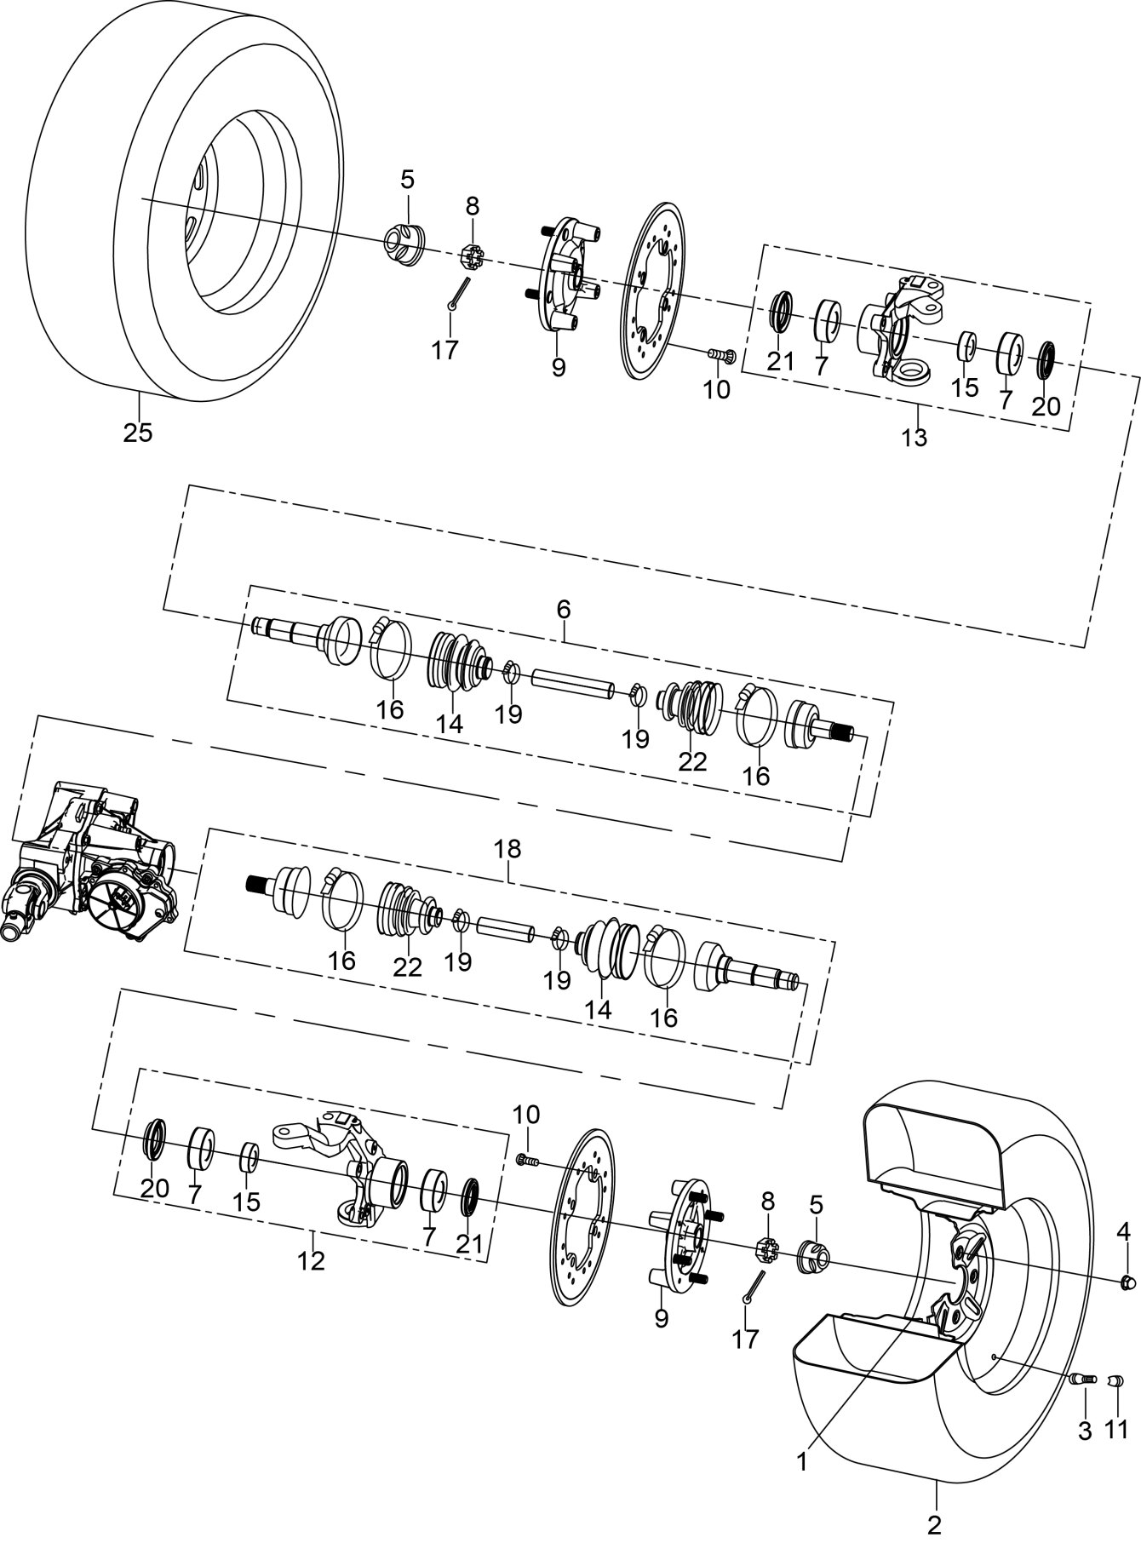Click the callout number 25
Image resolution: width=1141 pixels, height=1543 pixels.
138,432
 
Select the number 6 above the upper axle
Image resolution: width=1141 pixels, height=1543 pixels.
564,610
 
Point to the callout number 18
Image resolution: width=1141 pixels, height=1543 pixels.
507,849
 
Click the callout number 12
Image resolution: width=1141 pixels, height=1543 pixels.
312,1260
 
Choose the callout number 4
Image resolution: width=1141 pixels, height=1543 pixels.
1124,1230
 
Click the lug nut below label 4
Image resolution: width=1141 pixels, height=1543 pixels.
1127,1281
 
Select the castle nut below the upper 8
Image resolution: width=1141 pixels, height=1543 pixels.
472,255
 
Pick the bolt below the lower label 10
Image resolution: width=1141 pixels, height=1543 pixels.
528,1159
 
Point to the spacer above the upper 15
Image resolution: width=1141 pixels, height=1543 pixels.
966,347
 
